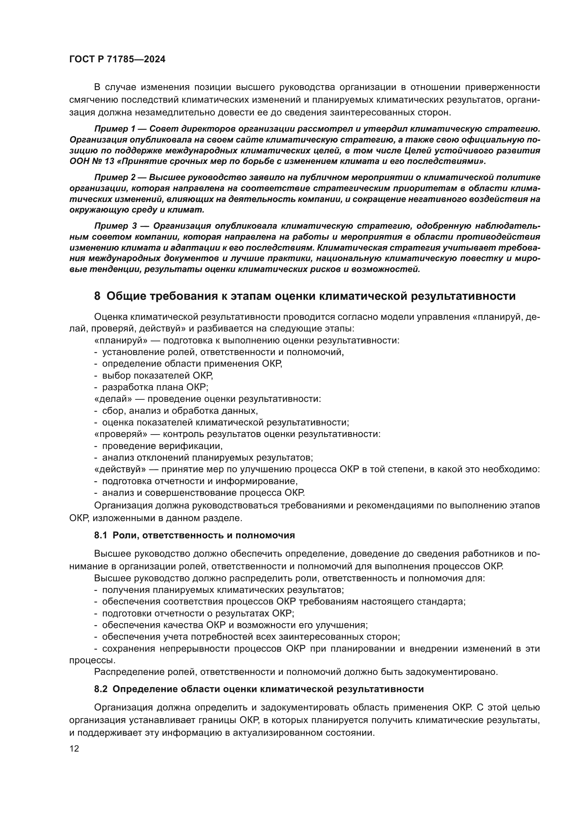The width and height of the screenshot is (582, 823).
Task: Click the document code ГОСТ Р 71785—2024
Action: point(117,59)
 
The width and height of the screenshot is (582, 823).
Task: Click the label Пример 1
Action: point(115,129)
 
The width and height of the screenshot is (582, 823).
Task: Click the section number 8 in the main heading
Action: point(97,296)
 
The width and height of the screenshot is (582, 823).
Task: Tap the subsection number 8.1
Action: point(100,536)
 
